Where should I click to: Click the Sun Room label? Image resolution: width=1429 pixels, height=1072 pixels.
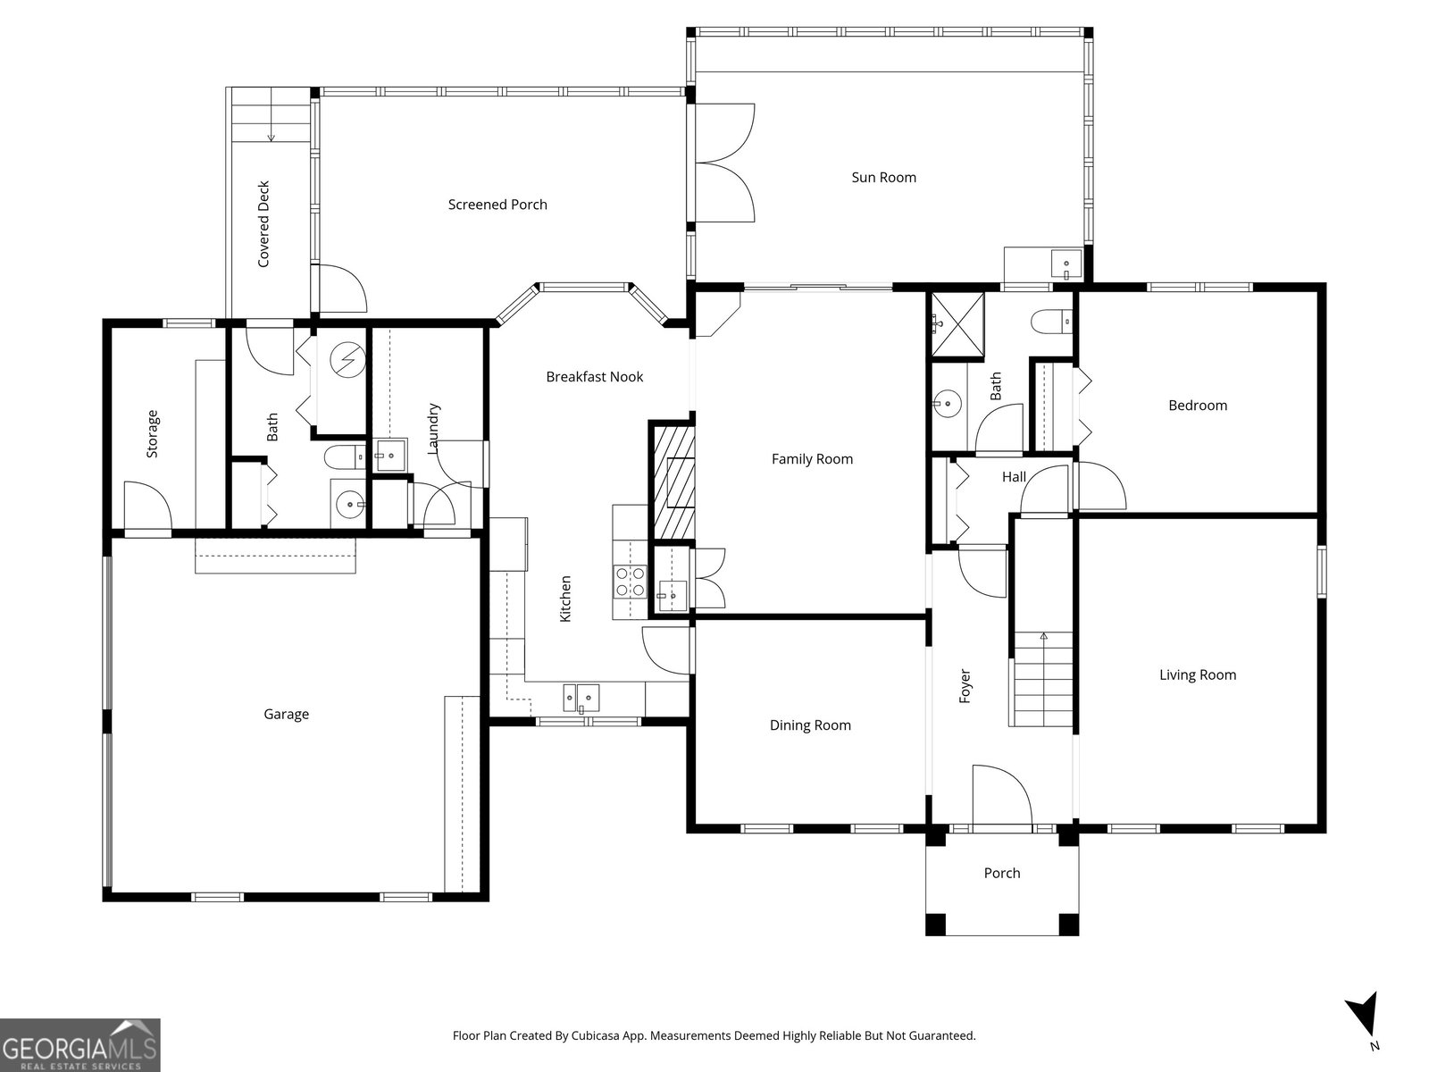pos(883,177)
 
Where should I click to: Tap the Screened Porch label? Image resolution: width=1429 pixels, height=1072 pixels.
pos(497,205)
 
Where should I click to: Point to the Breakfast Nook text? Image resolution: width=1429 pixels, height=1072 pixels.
pos(595,377)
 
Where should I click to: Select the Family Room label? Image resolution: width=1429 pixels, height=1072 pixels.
pos(812,459)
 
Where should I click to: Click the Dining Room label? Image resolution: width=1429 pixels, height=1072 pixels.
pos(810,725)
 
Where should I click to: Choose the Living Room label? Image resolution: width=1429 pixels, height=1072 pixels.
pos(1198,675)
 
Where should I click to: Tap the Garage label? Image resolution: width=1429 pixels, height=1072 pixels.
pos(286,714)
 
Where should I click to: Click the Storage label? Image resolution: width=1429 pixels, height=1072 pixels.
pos(152,433)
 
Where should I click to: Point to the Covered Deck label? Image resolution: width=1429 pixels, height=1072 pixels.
pos(263,224)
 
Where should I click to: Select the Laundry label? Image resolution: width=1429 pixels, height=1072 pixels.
pos(433,428)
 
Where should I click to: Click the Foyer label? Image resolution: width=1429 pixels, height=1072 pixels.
pos(965,685)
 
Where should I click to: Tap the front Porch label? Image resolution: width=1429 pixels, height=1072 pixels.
pos(1002,873)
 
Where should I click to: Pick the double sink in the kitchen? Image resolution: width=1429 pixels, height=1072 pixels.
pos(581,699)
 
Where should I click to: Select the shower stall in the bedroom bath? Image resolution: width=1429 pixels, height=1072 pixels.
pos(957,324)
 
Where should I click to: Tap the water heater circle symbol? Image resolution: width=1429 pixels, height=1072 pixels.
pos(347,360)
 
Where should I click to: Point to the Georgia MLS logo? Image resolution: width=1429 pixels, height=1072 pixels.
pos(80,1044)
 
